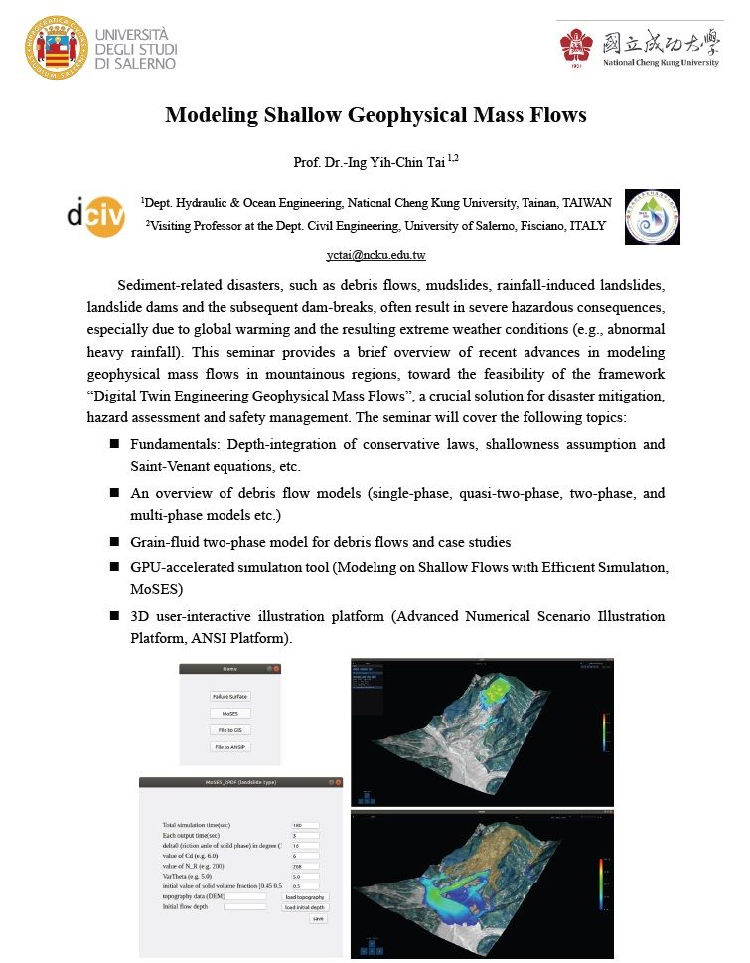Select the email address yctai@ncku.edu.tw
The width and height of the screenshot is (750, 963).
tap(375, 255)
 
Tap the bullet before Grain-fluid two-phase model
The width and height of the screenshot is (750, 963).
tap(115, 543)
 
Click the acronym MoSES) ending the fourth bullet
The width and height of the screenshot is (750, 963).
tap(158, 589)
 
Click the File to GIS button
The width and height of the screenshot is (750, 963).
tap(229, 730)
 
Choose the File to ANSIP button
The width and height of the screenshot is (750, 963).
tap(229, 747)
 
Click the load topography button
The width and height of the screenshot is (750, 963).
tap(304, 896)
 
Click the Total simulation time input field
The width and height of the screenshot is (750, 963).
tap(304, 825)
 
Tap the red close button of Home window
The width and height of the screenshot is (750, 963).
tap(277, 669)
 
